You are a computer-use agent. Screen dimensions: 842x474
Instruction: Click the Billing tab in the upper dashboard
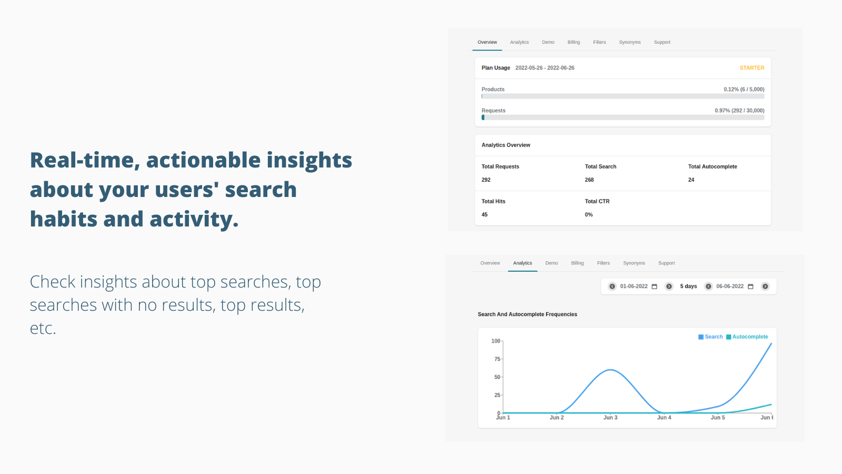coord(574,42)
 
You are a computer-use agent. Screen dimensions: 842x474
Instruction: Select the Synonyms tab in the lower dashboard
coord(634,263)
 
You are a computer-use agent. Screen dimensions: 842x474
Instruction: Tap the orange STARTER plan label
coord(752,68)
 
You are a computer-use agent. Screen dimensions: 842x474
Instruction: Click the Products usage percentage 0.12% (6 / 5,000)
coord(744,89)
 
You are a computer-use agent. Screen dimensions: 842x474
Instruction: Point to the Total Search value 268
coord(589,180)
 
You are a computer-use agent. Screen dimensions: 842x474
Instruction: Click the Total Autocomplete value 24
coord(691,180)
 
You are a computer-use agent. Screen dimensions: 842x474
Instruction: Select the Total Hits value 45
coord(485,214)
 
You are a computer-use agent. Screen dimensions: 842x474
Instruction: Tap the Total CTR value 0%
coord(589,214)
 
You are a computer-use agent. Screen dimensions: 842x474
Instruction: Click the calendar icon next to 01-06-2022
coord(655,287)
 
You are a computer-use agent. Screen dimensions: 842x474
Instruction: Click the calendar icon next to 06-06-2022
coord(750,287)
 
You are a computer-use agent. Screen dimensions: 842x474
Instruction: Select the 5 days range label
coord(688,287)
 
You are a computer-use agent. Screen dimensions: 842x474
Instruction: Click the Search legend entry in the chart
coord(710,337)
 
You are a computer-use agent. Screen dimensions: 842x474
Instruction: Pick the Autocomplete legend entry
coord(747,337)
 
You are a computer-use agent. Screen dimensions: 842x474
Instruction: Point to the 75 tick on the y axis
coord(497,359)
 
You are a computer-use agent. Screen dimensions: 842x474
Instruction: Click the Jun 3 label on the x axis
coord(610,418)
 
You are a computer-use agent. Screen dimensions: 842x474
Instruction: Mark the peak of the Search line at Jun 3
coord(610,370)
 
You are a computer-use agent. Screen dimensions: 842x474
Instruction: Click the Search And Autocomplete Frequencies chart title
coord(527,314)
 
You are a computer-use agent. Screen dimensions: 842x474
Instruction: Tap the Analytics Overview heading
coord(506,145)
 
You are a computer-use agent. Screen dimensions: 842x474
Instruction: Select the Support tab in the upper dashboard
coord(662,42)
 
